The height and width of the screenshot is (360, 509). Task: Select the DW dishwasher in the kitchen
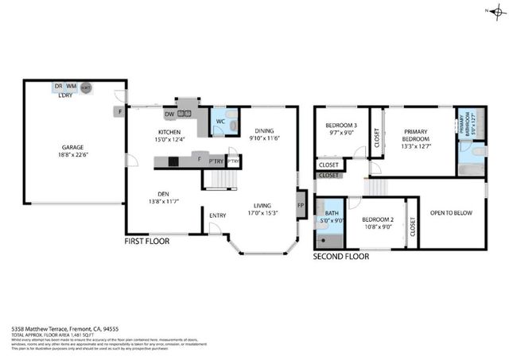169,113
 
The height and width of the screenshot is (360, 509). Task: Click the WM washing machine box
71,86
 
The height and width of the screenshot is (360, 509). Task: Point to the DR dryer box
58,86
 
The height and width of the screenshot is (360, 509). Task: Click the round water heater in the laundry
85,87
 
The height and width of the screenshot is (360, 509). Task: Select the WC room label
220,121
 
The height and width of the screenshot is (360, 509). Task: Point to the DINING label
265,131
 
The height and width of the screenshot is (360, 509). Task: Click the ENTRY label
218,215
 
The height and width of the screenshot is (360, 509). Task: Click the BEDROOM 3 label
340,126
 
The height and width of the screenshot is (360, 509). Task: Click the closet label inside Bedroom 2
412,226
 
